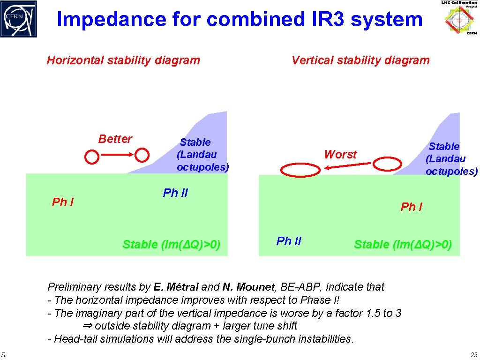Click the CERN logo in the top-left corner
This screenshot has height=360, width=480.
tap(18, 19)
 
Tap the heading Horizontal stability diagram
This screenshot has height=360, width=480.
tap(123, 60)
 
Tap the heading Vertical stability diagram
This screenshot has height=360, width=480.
tap(360, 60)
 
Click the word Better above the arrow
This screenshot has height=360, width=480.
tap(115, 139)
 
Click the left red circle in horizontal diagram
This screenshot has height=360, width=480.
tap(92, 157)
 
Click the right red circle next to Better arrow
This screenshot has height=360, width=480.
tap(142, 155)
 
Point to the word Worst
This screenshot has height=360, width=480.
tap(340, 154)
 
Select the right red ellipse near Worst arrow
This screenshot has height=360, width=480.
tap(388, 164)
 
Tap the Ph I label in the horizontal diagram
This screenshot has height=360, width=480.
tap(62, 202)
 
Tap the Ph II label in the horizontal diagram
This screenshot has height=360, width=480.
tap(175, 193)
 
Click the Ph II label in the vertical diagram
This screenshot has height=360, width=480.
tap(289, 241)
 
